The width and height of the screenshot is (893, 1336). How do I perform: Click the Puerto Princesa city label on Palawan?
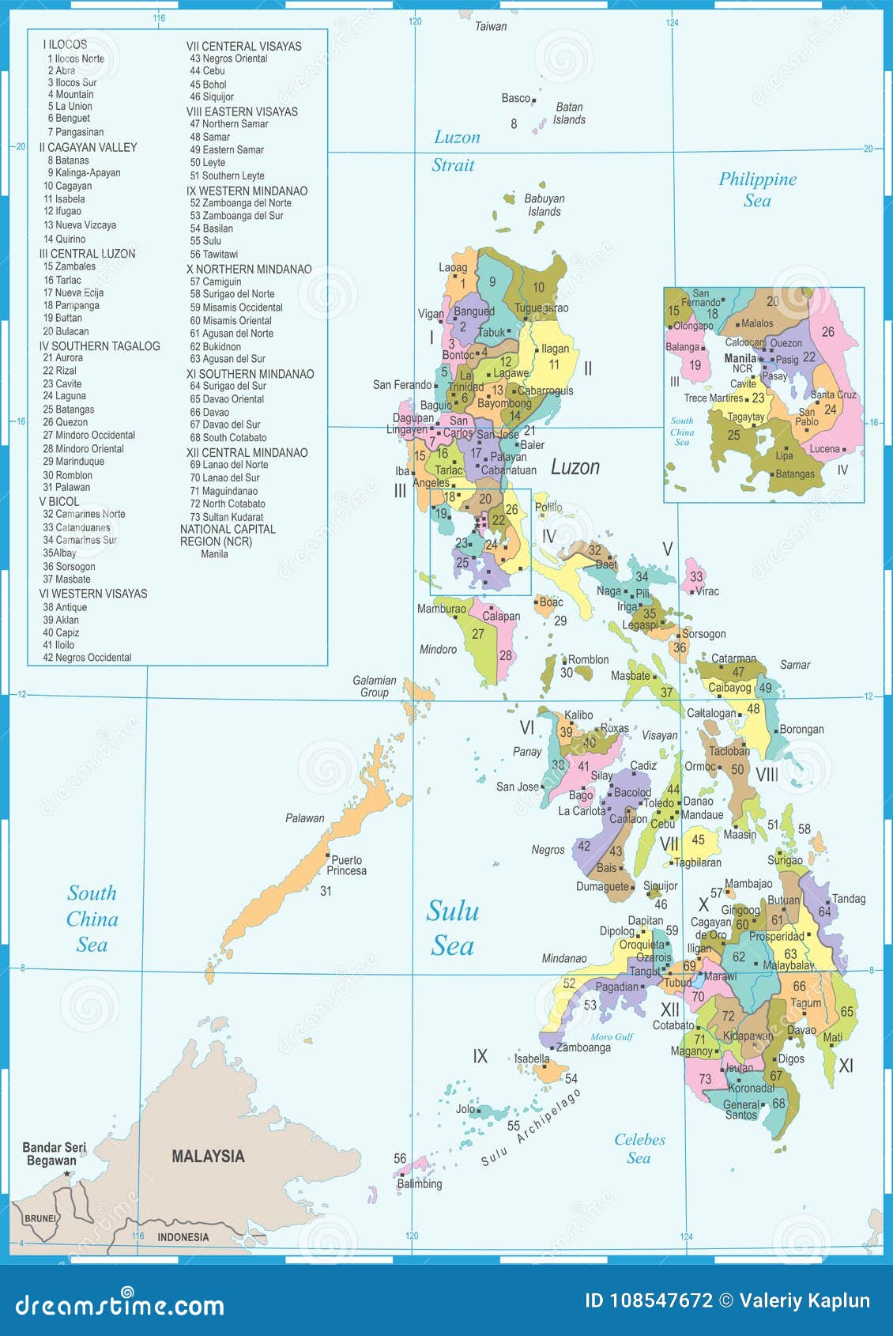click(347, 865)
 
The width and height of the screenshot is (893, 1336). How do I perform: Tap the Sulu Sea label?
click(453, 928)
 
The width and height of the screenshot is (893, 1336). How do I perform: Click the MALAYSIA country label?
click(208, 1156)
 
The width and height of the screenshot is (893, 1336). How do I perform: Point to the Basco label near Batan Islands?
click(516, 98)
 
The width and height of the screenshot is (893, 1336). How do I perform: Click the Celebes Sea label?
click(639, 1149)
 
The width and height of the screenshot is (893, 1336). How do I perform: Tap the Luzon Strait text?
click(455, 151)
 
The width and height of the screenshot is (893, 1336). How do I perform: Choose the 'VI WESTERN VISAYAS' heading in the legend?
click(93, 593)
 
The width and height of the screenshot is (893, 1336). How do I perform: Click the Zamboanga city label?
click(583, 1047)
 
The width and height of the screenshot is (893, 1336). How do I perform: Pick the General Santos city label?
click(741, 1110)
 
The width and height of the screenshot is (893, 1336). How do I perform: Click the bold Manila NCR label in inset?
click(741, 358)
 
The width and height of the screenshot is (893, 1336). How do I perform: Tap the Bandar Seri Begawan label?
click(53, 1154)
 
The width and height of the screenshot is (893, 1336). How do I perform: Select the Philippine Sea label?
click(757, 189)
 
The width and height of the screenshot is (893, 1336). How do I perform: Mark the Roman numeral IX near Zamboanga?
click(480, 1056)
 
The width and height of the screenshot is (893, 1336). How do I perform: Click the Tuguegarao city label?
click(541, 308)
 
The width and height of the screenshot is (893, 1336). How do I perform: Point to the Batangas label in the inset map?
click(795, 474)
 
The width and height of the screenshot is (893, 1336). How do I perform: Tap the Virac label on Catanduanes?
click(707, 591)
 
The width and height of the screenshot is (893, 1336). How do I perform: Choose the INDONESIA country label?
click(183, 1237)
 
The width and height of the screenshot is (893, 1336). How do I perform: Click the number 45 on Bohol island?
click(698, 840)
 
